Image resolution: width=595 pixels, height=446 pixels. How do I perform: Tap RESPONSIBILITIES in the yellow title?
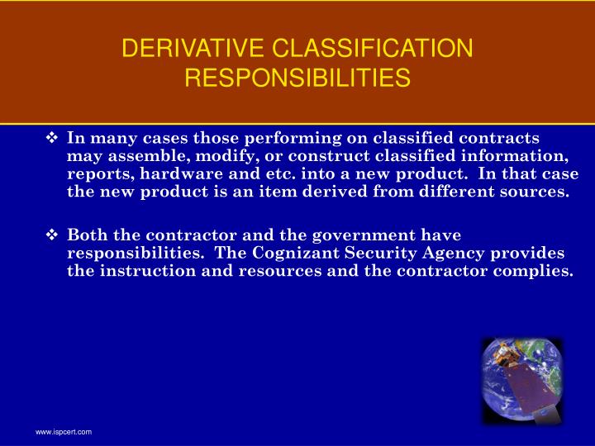[x=297, y=78]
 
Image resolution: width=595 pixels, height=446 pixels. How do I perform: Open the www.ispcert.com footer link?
[x=63, y=433]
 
